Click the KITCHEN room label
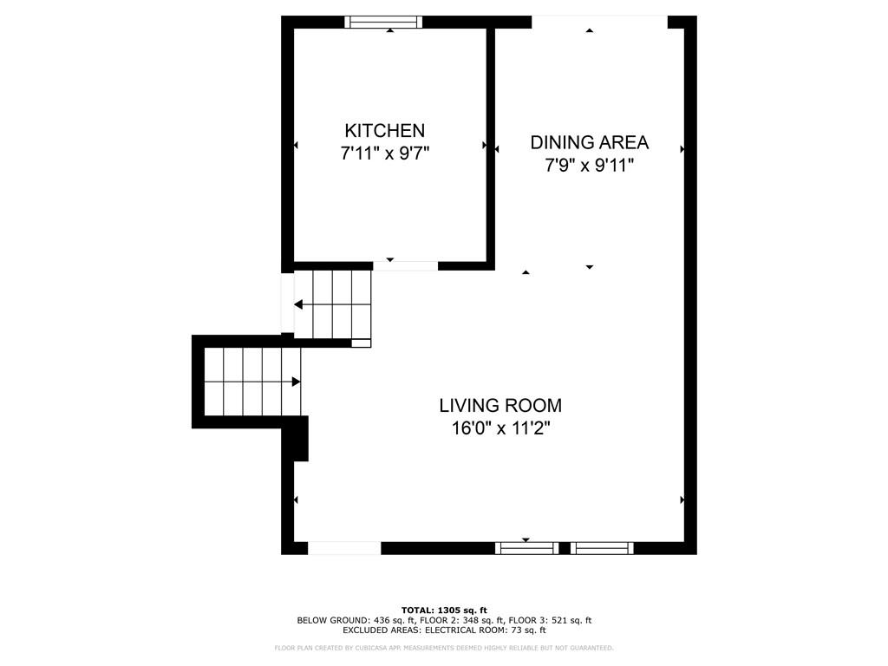384,131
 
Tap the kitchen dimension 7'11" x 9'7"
384,153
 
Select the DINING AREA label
589,143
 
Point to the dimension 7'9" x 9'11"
589,166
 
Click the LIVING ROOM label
499,405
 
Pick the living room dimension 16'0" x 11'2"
499,428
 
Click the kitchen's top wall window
383,23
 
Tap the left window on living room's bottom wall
526,548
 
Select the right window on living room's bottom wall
601,548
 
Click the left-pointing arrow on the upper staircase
298,304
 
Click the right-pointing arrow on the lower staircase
296,382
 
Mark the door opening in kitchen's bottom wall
405,265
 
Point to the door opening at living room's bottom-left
344,548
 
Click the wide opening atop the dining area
598,23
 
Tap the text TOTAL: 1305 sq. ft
444,610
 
